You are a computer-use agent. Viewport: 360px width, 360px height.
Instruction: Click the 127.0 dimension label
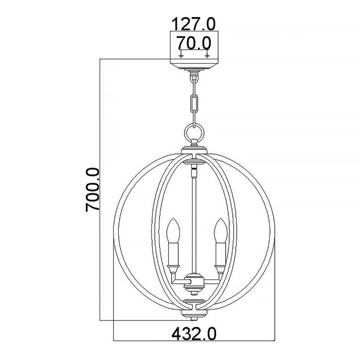pyautogui.click(x=194, y=24)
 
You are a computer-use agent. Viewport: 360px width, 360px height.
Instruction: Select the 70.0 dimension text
pyautogui.click(x=194, y=43)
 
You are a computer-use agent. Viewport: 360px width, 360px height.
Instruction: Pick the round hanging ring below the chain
pyautogui.click(x=194, y=135)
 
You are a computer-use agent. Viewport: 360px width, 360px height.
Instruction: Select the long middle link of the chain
pyautogui.click(x=194, y=102)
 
